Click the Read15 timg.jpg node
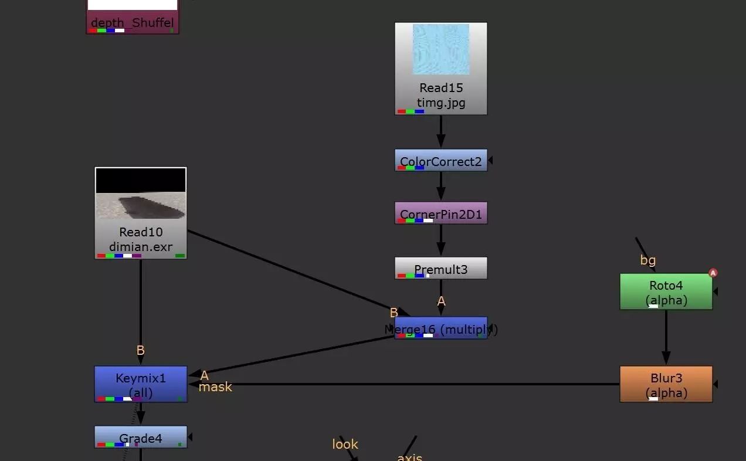coord(440,94)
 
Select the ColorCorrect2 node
coord(440,160)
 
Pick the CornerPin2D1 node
coord(440,213)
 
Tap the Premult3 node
coord(440,268)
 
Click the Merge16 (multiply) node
coord(440,328)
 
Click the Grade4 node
coord(141,437)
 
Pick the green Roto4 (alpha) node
coord(666,292)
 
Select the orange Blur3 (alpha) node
coord(666,384)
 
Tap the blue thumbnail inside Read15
coord(441,49)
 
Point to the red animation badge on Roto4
coord(713,273)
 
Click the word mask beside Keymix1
coord(215,387)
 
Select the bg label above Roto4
coord(648,260)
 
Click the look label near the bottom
coord(345,444)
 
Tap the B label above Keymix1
coord(140,351)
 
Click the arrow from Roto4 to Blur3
coord(666,338)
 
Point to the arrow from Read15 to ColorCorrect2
coord(441,132)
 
